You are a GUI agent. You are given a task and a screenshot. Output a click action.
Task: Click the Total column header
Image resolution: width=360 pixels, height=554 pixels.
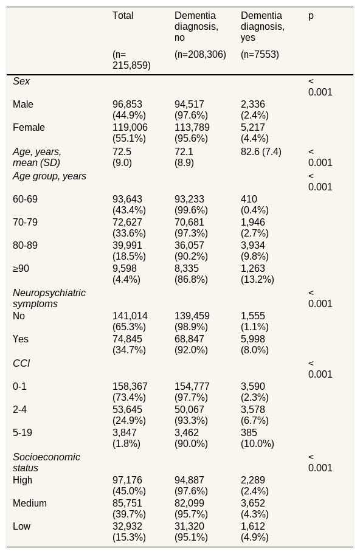coord(123,16)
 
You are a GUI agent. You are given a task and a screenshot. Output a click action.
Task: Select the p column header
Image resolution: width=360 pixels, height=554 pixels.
coord(311,16)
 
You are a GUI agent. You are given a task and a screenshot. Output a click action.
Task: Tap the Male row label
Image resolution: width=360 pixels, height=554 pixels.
coord(23,104)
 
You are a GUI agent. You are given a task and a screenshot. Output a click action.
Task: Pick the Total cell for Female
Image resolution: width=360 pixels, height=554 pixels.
coord(130,133)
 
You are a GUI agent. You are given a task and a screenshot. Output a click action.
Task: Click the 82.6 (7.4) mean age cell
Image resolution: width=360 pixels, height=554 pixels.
coord(261,152)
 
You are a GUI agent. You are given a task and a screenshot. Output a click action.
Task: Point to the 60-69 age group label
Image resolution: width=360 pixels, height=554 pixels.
coord(25,199)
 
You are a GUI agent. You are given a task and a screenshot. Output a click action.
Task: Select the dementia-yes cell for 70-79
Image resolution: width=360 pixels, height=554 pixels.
coord(255,228)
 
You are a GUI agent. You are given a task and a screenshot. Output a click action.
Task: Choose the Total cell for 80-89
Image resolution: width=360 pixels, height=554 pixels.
coord(130,251)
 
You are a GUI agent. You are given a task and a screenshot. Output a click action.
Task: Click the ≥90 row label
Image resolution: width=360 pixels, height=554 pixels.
coord(21,269)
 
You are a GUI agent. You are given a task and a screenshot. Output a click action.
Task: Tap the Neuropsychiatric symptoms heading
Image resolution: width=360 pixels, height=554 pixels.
coord(49,298)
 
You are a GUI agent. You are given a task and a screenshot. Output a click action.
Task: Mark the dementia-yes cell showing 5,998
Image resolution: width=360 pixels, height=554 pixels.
coord(255,344)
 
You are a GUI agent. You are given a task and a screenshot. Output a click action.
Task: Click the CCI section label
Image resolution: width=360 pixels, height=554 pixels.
coord(21,364)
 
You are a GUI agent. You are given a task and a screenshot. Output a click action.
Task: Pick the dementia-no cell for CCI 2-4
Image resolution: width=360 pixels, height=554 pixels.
coord(191,415)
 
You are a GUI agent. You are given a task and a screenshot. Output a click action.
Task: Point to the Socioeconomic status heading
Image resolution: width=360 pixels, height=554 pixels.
coord(46,463)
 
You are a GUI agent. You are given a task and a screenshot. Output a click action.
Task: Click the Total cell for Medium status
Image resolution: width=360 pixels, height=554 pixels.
coord(130,509)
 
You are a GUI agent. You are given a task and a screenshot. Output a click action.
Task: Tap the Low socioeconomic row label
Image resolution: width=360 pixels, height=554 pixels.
coord(21,527)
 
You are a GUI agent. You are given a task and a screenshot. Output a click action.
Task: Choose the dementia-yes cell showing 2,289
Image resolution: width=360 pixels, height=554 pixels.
coord(255,486)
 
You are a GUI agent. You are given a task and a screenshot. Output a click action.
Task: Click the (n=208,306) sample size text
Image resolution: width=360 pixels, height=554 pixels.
coord(200,55)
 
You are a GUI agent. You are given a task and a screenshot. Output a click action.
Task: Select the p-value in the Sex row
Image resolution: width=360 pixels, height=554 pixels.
coord(320,87)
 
